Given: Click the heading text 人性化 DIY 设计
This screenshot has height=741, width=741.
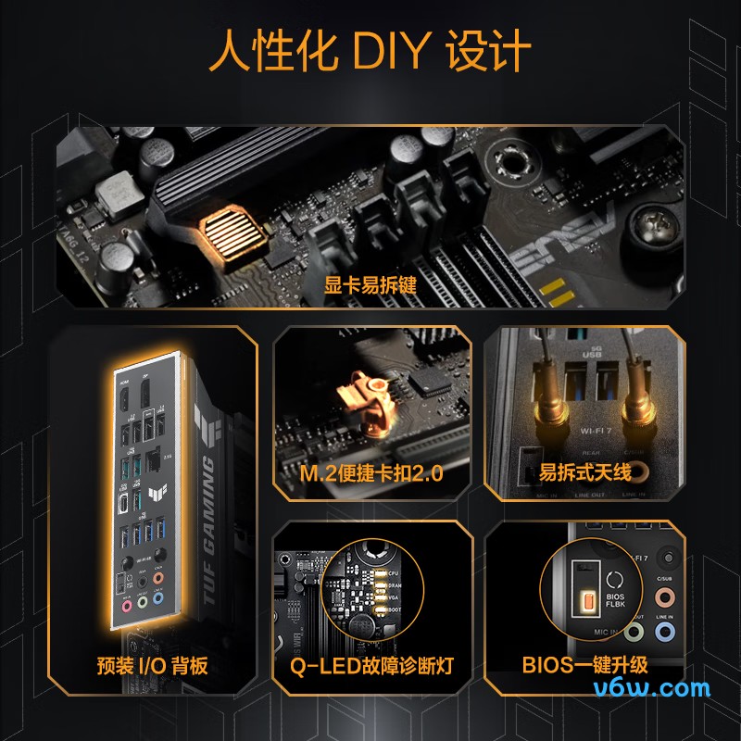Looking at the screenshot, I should point(370,53).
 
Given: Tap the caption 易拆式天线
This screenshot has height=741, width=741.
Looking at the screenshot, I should point(585,473).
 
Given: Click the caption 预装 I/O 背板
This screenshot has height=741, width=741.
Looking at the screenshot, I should point(154,665).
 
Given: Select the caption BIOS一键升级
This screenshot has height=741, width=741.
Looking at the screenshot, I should point(584,665).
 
